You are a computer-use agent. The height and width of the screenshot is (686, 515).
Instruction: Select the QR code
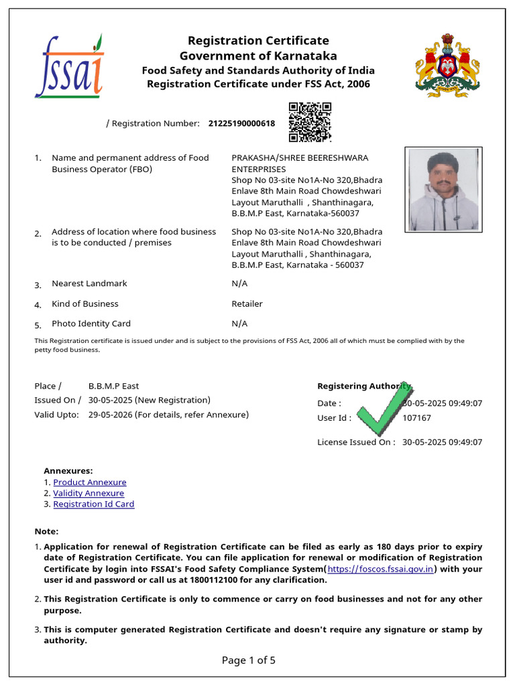[x=310, y=122]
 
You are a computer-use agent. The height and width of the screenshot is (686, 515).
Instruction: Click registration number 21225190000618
[x=241, y=123]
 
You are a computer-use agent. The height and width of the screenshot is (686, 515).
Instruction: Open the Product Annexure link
[x=90, y=482]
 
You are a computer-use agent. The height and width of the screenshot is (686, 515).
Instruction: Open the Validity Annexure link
[x=89, y=493]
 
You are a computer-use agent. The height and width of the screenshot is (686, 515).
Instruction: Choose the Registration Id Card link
[x=94, y=504]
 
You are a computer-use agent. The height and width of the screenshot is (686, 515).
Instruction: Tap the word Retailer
[x=247, y=303]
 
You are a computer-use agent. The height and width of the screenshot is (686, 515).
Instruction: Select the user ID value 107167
[x=416, y=418]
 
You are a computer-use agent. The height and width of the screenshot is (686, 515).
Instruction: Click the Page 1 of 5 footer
[x=249, y=661]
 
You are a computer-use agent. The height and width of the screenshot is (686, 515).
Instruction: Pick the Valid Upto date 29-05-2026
[x=110, y=415]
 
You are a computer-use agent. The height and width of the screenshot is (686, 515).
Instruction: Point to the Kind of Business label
[x=85, y=303]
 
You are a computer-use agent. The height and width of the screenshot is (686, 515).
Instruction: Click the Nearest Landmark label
[x=89, y=283]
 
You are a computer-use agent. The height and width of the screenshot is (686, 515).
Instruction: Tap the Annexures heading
[x=68, y=471]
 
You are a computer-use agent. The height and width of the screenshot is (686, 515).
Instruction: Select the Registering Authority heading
[x=363, y=386]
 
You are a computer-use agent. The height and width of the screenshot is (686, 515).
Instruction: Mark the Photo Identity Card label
[x=91, y=324]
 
